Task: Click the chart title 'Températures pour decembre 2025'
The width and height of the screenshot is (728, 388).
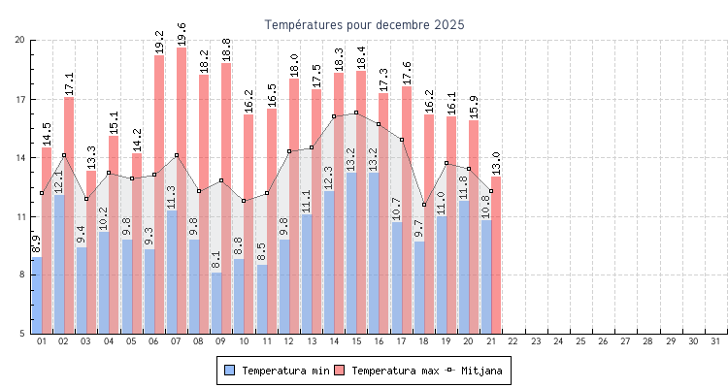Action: point(364,24)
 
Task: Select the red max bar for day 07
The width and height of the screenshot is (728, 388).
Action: point(182,184)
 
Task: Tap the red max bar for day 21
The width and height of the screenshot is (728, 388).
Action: point(496,252)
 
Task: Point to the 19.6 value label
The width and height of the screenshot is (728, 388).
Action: point(182,31)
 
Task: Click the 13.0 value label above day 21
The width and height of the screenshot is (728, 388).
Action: point(496,161)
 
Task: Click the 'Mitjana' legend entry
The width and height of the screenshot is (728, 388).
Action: point(481,371)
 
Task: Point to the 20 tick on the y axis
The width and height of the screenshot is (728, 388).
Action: point(19,40)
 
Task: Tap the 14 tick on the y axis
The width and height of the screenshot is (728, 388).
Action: point(19,157)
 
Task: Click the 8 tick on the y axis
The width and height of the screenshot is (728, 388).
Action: point(21,275)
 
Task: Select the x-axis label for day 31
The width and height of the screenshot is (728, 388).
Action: point(716,341)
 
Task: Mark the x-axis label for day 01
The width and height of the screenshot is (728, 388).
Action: point(42,341)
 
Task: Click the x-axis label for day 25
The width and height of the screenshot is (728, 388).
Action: point(581,341)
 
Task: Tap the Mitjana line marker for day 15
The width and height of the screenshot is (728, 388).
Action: point(356,113)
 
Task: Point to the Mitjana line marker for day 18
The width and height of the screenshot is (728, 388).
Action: point(424,205)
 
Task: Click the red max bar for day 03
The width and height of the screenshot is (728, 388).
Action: point(91,252)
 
